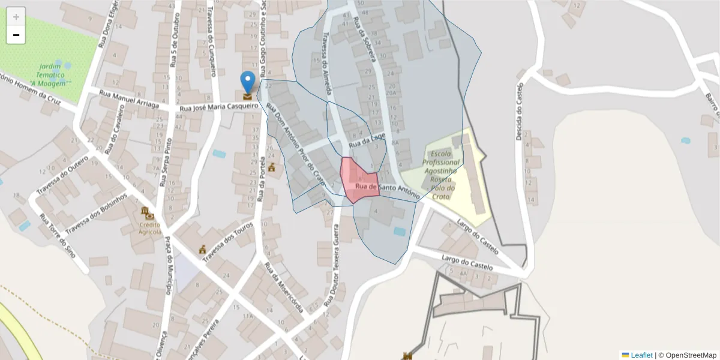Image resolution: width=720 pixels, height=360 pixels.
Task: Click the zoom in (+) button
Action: pos(16,17)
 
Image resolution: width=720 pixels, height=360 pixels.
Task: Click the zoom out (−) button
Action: pos(16,35)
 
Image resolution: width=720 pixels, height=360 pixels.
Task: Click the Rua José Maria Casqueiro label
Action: pos(219,107)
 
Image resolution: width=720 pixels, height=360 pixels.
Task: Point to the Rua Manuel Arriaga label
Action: pos(129,100)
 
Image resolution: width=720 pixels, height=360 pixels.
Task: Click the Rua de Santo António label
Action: pos(387,190)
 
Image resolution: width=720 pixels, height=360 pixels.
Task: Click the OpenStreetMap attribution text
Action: pos(691,355)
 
